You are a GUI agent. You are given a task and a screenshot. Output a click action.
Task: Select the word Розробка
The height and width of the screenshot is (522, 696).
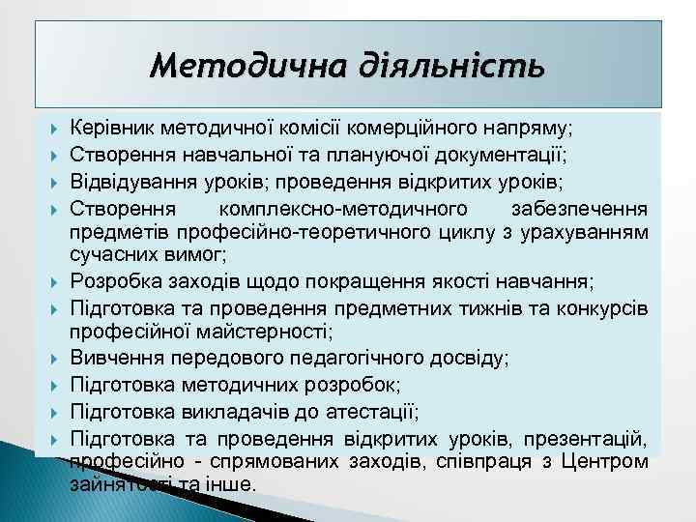[108, 282]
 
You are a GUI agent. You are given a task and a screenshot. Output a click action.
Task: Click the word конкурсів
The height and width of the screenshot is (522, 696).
[600, 308]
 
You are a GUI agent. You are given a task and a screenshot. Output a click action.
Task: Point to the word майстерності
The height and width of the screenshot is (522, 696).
[272, 333]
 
